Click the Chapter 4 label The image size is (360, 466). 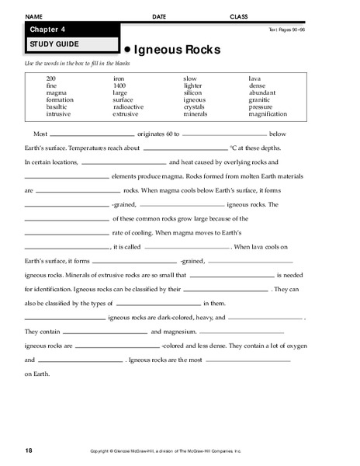(x=46, y=30)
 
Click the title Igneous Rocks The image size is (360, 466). (x=177, y=50)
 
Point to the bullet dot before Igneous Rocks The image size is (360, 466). (x=126, y=50)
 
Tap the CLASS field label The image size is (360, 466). (x=239, y=16)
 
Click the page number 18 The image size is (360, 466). (x=28, y=450)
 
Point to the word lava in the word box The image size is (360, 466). (x=254, y=78)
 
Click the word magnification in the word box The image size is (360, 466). (x=268, y=113)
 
